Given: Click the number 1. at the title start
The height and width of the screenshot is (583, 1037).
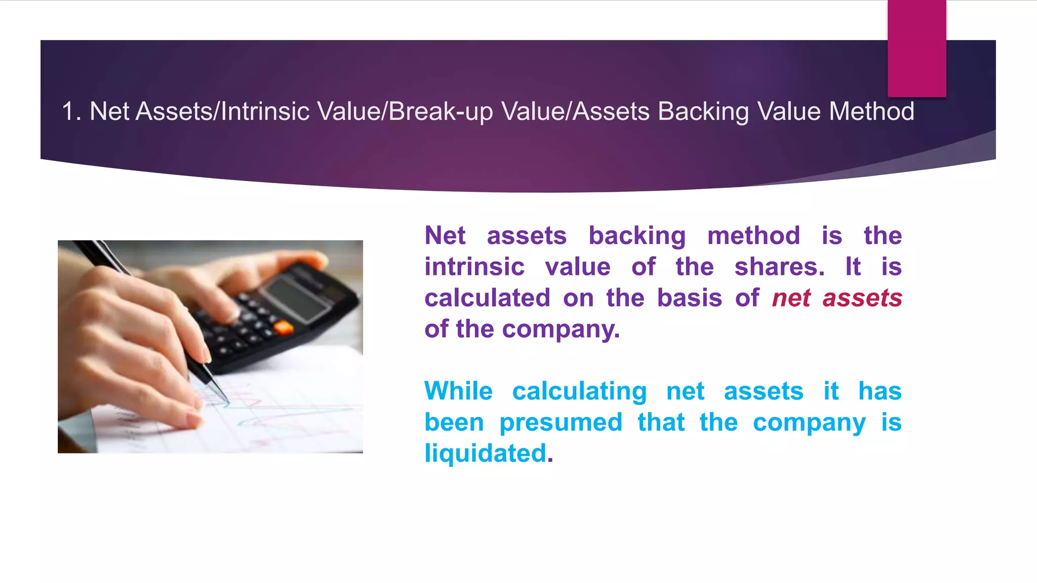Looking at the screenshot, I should tap(71, 111).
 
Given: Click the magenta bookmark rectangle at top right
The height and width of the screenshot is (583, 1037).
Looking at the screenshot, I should tap(916, 49).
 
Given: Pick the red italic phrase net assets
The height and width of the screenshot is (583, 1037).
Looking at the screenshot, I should tap(836, 298).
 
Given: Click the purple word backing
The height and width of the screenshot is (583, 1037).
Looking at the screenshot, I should tap(637, 236).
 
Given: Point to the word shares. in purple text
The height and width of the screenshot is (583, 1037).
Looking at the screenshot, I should tap(779, 267).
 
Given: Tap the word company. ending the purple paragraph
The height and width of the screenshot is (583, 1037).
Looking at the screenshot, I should tap(561, 329).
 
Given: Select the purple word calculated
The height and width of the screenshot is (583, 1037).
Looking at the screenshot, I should tap(487, 298).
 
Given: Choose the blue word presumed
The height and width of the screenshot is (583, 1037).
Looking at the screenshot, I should tap(561, 423).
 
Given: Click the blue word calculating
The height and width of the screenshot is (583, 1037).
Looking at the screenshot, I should tap(579, 391).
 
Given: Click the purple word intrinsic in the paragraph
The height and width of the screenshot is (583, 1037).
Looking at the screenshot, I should tap(474, 267).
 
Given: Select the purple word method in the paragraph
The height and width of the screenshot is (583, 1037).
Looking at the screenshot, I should tap(753, 236).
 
